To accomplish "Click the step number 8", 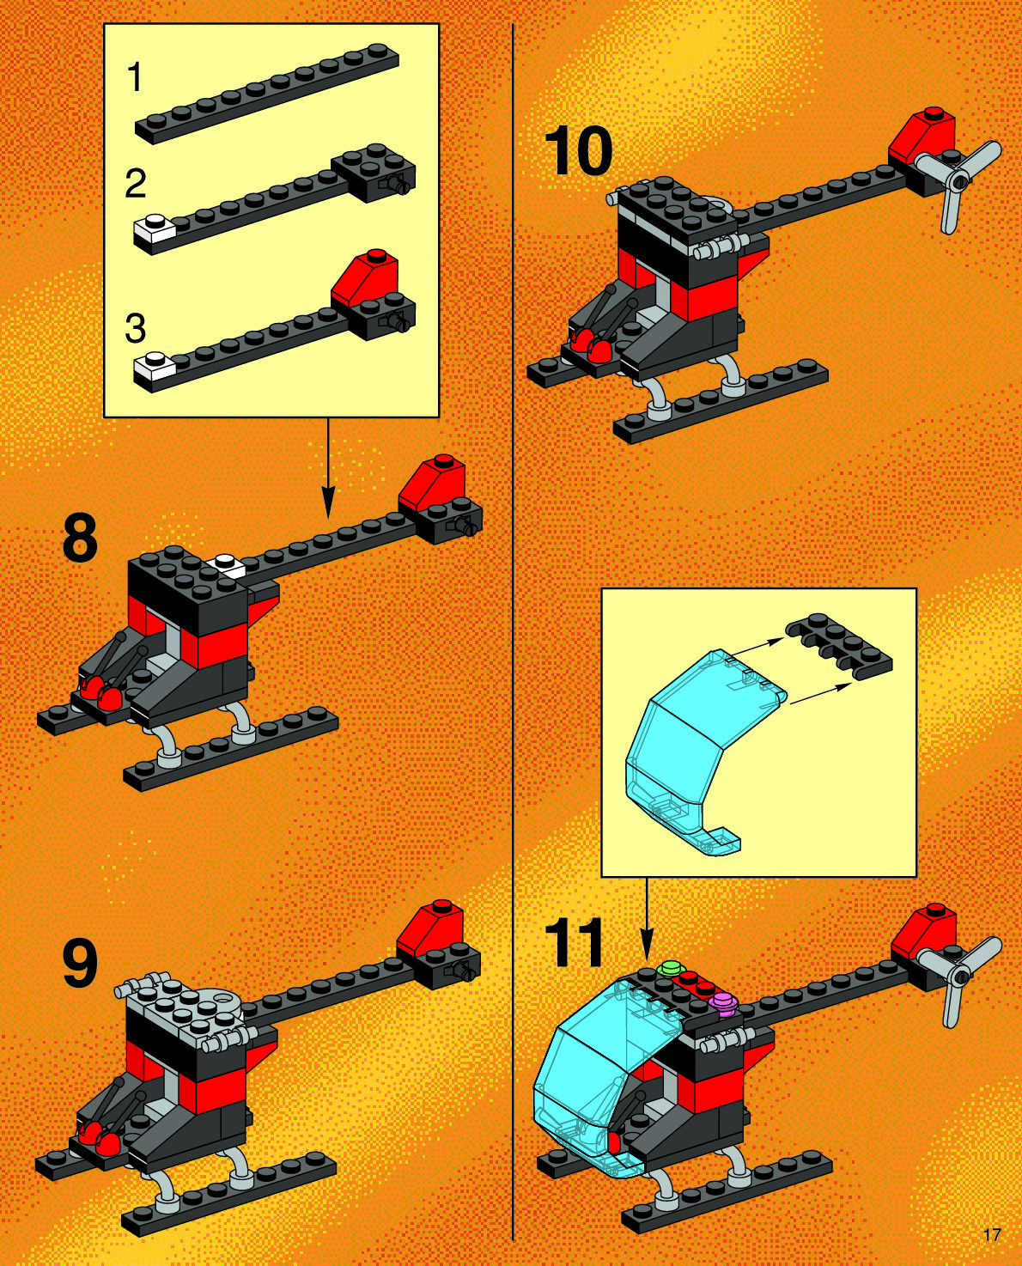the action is coord(80,539).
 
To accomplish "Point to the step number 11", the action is coord(574,943).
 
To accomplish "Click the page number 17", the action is coord(992,1235).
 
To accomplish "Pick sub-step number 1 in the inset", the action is coord(136,78).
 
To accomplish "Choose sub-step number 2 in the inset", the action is coord(136,184).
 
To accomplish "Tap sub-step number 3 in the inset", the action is coord(136,328).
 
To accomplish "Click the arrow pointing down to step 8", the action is coord(328,467).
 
